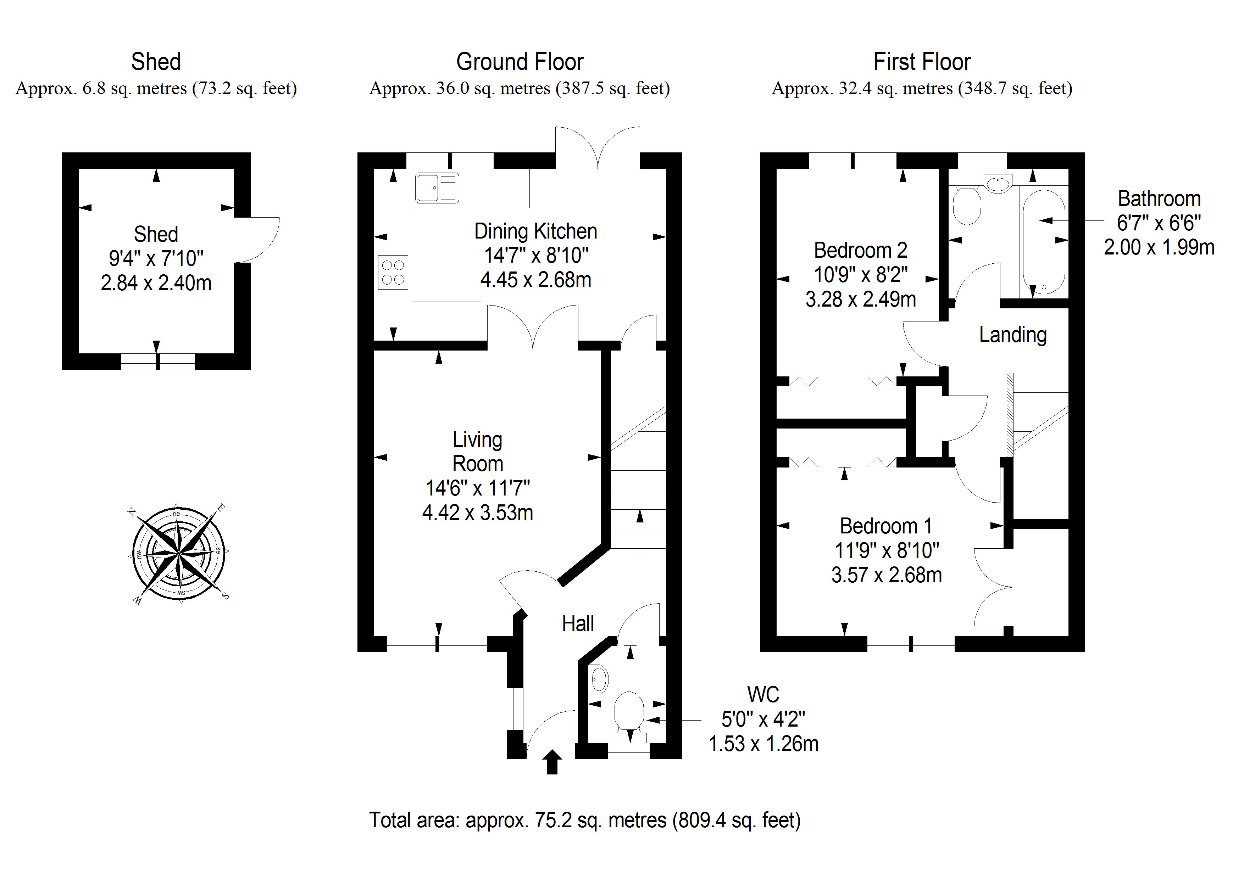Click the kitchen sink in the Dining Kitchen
tap(437, 187)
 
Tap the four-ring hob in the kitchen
tap(393, 273)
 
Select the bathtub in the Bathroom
tap(1044, 242)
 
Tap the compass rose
tap(179, 554)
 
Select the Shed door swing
tap(259, 239)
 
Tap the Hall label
tap(578, 623)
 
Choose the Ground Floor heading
tap(520, 62)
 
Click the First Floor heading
tap(922, 62)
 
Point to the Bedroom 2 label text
tap(860, 250)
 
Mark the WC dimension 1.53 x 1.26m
tap(763, 744)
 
